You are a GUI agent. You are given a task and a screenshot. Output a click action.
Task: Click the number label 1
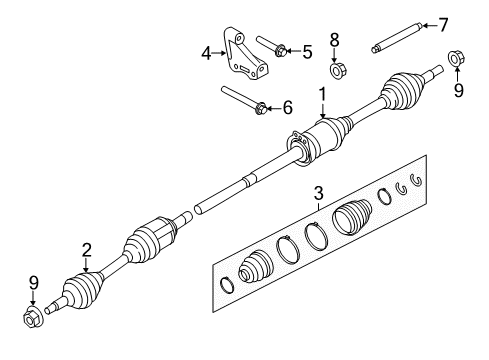(322, 94)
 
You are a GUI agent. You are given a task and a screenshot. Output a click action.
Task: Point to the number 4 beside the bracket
(207, 53)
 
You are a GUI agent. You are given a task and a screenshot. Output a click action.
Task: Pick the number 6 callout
(289, 107)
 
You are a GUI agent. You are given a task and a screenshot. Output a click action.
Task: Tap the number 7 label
(444, 24)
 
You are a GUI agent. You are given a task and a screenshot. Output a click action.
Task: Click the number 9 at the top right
(458, 91)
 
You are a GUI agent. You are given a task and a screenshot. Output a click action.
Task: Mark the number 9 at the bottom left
(33, 283)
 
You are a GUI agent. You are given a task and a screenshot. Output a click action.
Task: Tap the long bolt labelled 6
(243, 100)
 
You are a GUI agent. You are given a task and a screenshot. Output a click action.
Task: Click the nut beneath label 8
(337, 71)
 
